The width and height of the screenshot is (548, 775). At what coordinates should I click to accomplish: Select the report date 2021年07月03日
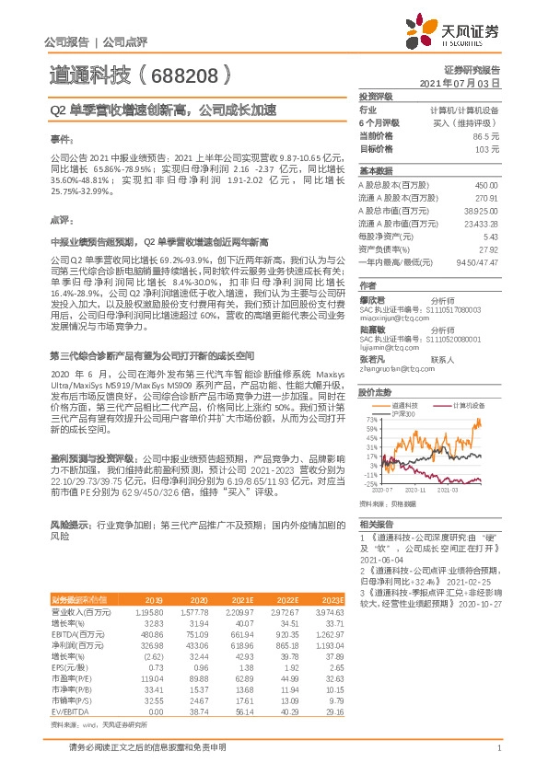click(x=460, y=83)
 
